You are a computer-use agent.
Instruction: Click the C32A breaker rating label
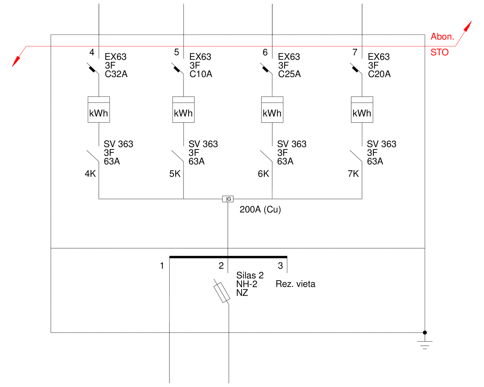tap(116, 74)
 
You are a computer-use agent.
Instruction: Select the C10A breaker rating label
tap(201, 74)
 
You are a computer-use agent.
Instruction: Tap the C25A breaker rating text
tap(289, 74)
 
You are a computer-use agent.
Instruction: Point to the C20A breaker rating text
tap(379, 74)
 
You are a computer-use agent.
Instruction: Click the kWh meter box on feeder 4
tap(99, 110)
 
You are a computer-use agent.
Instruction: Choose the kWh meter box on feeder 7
tap(362, 110)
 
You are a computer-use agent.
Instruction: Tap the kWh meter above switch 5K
tap(184, 110)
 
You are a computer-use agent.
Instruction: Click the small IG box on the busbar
tap(228, 199)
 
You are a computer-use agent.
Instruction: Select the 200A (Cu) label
tap(260, 209)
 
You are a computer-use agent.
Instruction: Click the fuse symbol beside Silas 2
tap(222, 292)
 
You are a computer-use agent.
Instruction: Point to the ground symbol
tap(425, 345)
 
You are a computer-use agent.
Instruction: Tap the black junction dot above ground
tap(425, 333)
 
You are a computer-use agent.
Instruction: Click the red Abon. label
tap(442, 36)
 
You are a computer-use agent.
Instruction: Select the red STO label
tap(440, 52)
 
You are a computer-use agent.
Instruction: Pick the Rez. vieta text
tap(295, 284)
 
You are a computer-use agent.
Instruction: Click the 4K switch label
tap(90, 174)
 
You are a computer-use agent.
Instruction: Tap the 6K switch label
tap(264, 174)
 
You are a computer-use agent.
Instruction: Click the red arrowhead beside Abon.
tap(468, 26)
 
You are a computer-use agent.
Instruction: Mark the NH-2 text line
tap(247, 284)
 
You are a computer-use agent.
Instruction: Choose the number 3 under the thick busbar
tap(280, 266)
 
